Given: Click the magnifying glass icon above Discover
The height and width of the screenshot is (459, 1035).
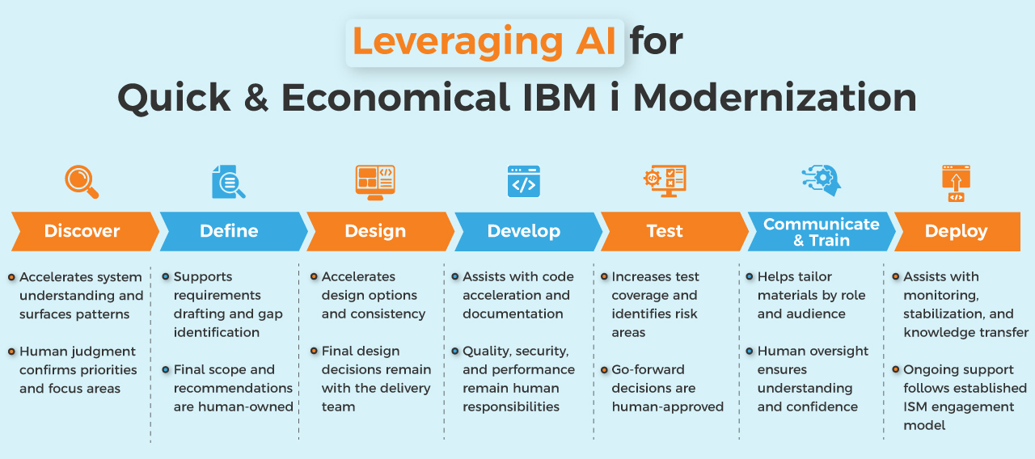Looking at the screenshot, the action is pyautogui.click(x=82, y=182).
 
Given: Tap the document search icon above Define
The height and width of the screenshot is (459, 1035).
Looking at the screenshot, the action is pyautogui.click(x=228, y=182).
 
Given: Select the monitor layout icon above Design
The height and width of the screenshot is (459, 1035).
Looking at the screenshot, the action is pyautogui.click(x=375, y=182).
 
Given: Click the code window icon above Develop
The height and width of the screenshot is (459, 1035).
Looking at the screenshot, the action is pyautogui.click(x=523, y=181).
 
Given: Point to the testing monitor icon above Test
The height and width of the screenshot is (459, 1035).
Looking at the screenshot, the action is pyautogui.click(x=665, y=180).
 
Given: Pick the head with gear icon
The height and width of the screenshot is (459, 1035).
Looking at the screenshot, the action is pyautogui.click(x=822, y=180).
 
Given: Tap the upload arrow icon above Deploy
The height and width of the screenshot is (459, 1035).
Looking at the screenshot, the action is pyautogui.click(x=956, y=183).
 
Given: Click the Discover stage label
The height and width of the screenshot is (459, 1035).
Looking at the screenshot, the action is pyautogui.click(x=82, y=231).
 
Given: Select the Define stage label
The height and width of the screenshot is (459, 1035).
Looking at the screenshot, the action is pyautogui.click(x=229, y=231).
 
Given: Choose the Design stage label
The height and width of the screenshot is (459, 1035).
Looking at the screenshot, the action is pyautogui.click(x=375, y=231).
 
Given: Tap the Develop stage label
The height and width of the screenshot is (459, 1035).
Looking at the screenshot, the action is pyautogui.click(x=523, y=231).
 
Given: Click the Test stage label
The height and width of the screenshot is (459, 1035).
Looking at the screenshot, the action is pyautogui.click(x=665, y=231).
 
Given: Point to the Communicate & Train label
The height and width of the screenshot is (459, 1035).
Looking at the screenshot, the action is pyautogui.click(x=821, y=232).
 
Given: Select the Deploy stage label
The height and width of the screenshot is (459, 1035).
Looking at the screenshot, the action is pyautogui.click(x=956, y=231).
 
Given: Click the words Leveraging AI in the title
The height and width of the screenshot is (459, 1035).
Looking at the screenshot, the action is pyautogui.click(x=484, y=42).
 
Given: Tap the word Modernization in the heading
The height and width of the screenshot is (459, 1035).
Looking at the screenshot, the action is pyautogui.click(x=775, y=98).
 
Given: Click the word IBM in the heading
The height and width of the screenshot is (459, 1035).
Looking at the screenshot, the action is pyautogui.click(x=560, y=98).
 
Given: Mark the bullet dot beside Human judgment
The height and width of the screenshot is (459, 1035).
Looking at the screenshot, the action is pyautogui.click(x=11, y=352).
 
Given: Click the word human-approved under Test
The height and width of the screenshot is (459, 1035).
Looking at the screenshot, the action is pyautogui.click(x=668, y=406).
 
